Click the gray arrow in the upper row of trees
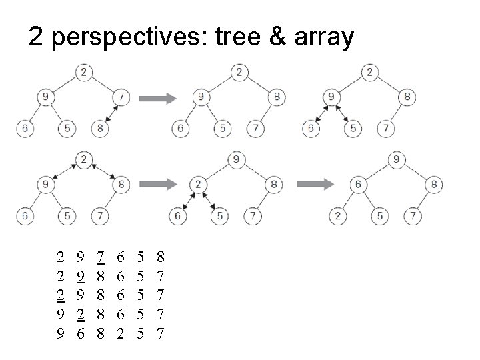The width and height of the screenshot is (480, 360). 158,99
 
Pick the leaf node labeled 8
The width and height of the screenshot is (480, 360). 99,127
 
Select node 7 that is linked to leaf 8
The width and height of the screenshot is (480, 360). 121,97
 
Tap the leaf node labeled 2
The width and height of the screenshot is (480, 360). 338,215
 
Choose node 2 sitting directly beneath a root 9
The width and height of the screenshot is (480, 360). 198,185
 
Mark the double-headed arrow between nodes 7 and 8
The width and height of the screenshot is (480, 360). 111,113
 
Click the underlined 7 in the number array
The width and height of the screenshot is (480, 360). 100,255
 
